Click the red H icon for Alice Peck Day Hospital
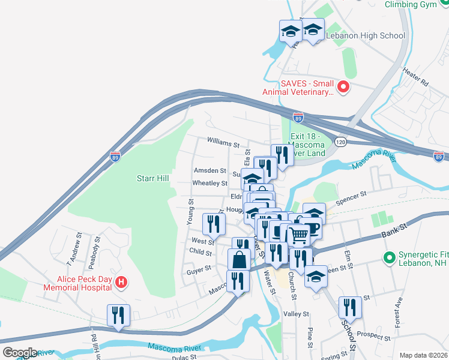[x=121, y=281]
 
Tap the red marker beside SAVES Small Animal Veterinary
[x=343, y=88]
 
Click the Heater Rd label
[x=415, y=77]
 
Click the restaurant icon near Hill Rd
[x=117, y=314]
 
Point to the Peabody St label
[x=95, y=248]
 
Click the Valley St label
[x=296, y=314]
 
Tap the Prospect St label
[x=373, y=334]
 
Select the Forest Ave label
[x=397, y=310]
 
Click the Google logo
[x=20, y=353]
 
